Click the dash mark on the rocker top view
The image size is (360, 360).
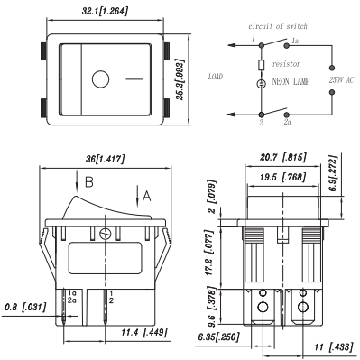[x=134, y=81]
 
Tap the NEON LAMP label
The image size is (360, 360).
[x=292, y=81]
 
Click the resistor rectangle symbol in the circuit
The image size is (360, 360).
[x=263, y=66]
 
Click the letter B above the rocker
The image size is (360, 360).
[x=88, y=183]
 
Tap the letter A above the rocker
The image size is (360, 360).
[x=147, y=192]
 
